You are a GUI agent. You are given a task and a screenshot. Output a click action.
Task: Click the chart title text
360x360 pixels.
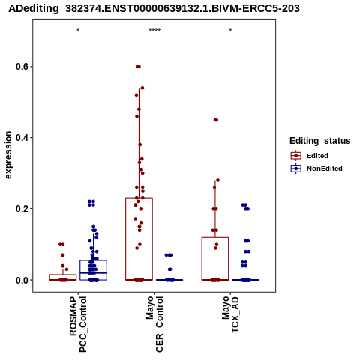click(x=154, y=9)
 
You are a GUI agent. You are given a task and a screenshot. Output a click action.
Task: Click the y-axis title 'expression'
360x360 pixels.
click(x=8, y=155)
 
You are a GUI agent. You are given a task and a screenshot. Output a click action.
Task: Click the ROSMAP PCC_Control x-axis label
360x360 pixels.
click(x=78, y=324)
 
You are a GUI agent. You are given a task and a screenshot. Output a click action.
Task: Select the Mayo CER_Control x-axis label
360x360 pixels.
click(x=154, y=324)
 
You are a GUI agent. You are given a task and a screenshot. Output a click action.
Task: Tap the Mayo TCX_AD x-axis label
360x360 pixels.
click(x=230, y=314)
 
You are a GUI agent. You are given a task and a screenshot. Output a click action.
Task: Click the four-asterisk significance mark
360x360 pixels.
click(x=154, y=31)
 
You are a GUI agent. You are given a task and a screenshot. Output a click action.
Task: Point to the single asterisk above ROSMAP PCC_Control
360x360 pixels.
click(x=78, y=31)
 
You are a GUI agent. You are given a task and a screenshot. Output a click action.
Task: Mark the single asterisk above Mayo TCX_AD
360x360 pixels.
click(x=230, y=31)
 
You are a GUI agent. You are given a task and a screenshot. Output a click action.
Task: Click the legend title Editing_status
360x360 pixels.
click(x=320, y=141)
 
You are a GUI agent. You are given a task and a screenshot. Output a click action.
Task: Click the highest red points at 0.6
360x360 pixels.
click(x=138, y=67)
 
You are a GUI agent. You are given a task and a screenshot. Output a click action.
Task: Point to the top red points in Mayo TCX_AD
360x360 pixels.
click(x=216, y=120)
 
